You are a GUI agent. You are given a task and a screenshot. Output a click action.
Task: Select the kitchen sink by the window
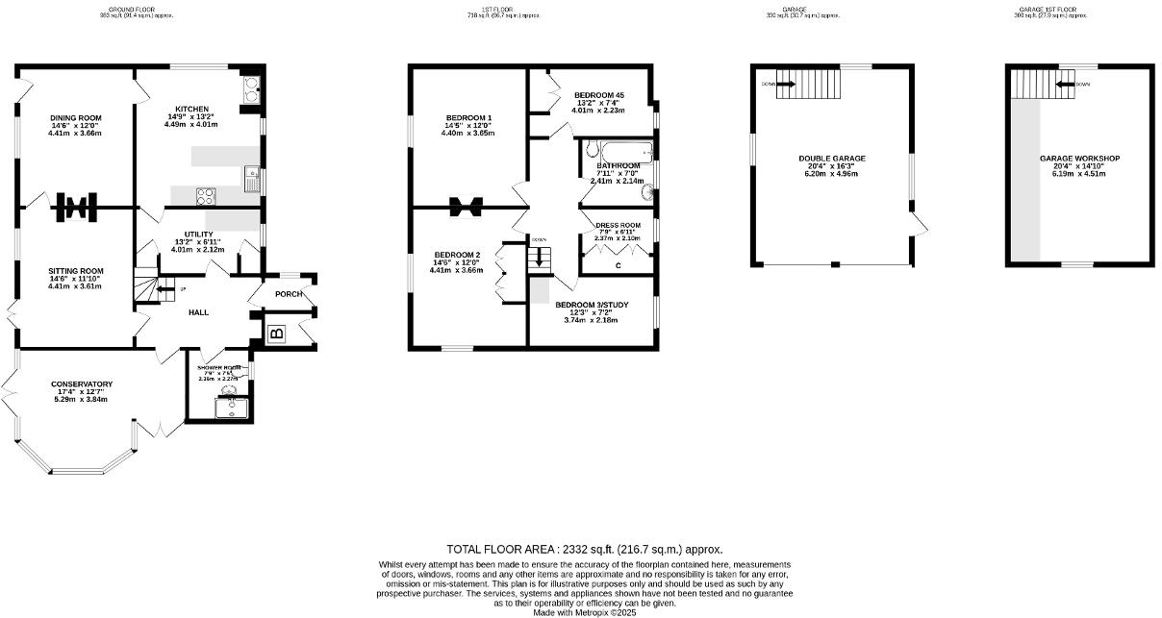click(251, 176)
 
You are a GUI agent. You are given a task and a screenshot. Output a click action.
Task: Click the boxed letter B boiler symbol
click(276, 334)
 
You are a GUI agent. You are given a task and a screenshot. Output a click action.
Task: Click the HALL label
click(198, 312)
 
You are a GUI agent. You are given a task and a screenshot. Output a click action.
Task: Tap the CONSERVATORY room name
click(82, 384)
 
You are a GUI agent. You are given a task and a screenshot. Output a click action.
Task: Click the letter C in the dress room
click(617, 265)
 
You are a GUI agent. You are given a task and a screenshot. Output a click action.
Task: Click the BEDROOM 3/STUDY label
click(592, 305)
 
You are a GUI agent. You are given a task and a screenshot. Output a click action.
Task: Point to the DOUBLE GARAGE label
click(832, 159)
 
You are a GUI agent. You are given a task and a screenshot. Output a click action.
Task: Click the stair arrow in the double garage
click(785, 84)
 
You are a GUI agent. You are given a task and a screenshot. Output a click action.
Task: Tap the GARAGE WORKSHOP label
click(1079, 159)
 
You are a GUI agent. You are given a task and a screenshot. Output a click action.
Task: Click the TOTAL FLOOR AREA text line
click(585, 549)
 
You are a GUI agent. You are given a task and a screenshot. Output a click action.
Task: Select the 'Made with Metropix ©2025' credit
click(585, 612)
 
